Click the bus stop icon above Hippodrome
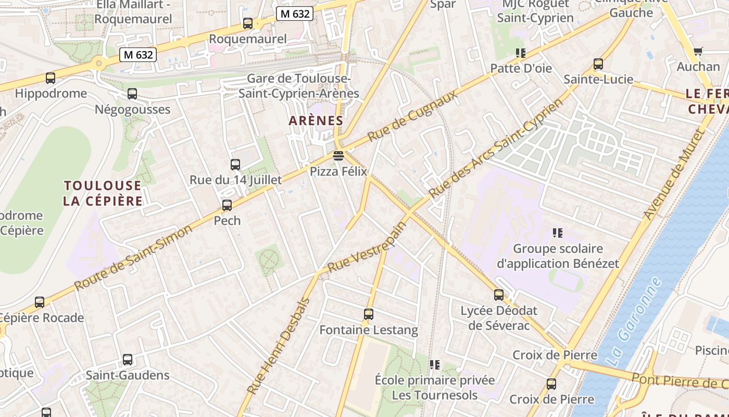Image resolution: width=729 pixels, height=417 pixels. click(x=51, y=78)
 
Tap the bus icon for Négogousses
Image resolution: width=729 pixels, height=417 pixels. click(x=132, y=94)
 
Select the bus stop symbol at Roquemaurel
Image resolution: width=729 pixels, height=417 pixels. click(x=248, y=23)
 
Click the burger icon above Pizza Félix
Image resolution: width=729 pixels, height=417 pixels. click(x=338, y=155)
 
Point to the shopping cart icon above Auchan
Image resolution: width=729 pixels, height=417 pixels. click(x=698, y=51)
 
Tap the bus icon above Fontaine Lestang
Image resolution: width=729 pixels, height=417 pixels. click(x=369, y=314)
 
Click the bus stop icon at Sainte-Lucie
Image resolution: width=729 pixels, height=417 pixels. click(x=598, y=64)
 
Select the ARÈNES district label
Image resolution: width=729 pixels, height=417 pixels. click(x=316, y=121)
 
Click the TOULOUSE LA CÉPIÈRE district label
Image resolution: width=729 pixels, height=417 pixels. click(x=103, y=193)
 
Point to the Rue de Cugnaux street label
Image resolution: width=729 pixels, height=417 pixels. click(x=412, y=116)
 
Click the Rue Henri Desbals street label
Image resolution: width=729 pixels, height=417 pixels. click(x=278, y=347)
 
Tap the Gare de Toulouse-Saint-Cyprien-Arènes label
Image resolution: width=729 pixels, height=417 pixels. click(x=299, y=86)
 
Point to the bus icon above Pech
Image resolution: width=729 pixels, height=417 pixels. click(x=227, y=205)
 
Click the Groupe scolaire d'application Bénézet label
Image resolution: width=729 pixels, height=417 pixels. click(x=558, y=256)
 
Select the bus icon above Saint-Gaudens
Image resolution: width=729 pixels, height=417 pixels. click(x=128, y=360)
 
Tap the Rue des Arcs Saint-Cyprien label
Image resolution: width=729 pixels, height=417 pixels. click(x=496, y=148)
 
